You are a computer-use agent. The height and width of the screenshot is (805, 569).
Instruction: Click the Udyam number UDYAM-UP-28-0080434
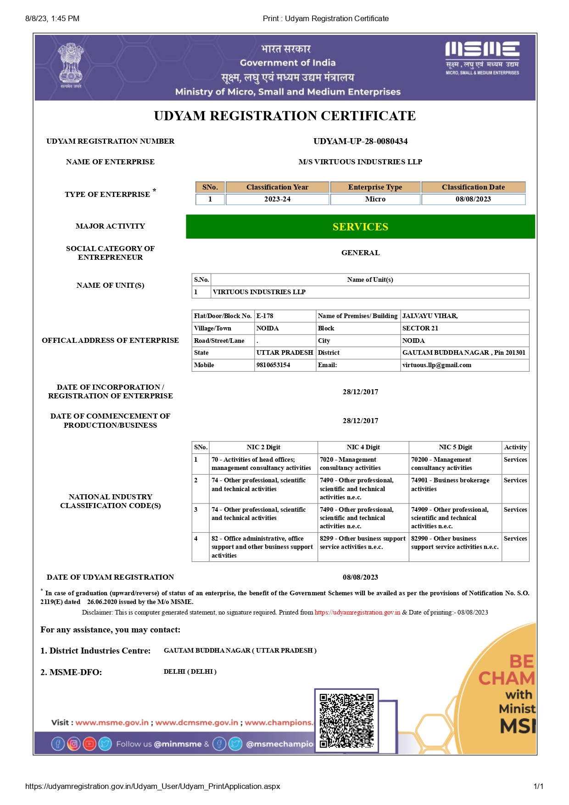360,141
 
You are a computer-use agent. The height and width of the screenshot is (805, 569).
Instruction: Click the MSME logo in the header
482,58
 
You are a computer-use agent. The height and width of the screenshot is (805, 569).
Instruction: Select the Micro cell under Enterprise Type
375,199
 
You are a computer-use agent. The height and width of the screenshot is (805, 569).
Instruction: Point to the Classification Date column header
473,187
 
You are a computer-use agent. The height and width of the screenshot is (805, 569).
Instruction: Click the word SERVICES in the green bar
360,227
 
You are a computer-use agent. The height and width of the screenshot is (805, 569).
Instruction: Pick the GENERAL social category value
360,253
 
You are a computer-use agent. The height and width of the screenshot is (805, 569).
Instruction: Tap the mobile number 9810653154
273,365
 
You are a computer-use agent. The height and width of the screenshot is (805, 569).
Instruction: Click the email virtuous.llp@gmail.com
436,365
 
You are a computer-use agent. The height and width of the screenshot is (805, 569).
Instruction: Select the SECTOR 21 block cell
420,328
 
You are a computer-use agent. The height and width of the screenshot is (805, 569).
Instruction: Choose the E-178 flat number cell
265,316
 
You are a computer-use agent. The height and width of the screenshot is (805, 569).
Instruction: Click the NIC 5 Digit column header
455,447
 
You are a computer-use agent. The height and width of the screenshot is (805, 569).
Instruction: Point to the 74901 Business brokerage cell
450,484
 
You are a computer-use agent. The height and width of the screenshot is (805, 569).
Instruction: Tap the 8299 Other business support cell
363,542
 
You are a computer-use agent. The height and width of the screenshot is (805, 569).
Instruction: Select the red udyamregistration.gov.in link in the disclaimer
357,612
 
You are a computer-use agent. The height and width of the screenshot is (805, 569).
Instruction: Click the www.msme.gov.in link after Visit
112,722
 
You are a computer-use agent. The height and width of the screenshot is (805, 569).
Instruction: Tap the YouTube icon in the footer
89,744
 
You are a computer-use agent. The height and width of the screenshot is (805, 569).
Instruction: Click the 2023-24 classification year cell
277,199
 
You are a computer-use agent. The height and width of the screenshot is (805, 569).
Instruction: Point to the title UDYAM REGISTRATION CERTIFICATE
284,116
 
